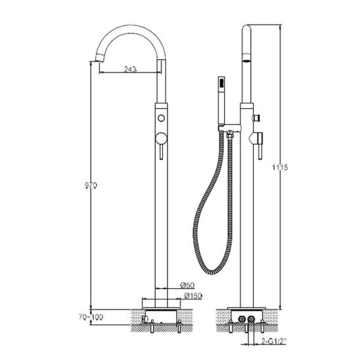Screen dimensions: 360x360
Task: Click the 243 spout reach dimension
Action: coord(130,68)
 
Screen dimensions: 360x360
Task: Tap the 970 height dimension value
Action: coord(91,185)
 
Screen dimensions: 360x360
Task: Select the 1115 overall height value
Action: coord(280,168)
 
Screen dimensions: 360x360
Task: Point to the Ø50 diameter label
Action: coord(188,285)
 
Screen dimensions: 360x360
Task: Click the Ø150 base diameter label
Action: coord(193,296)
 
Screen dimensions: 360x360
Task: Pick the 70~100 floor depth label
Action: coord(91,317)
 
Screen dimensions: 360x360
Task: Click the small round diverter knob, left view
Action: coord(161,118)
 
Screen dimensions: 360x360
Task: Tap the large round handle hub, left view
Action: coord(161,139)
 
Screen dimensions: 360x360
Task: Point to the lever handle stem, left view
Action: coord(161,152)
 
